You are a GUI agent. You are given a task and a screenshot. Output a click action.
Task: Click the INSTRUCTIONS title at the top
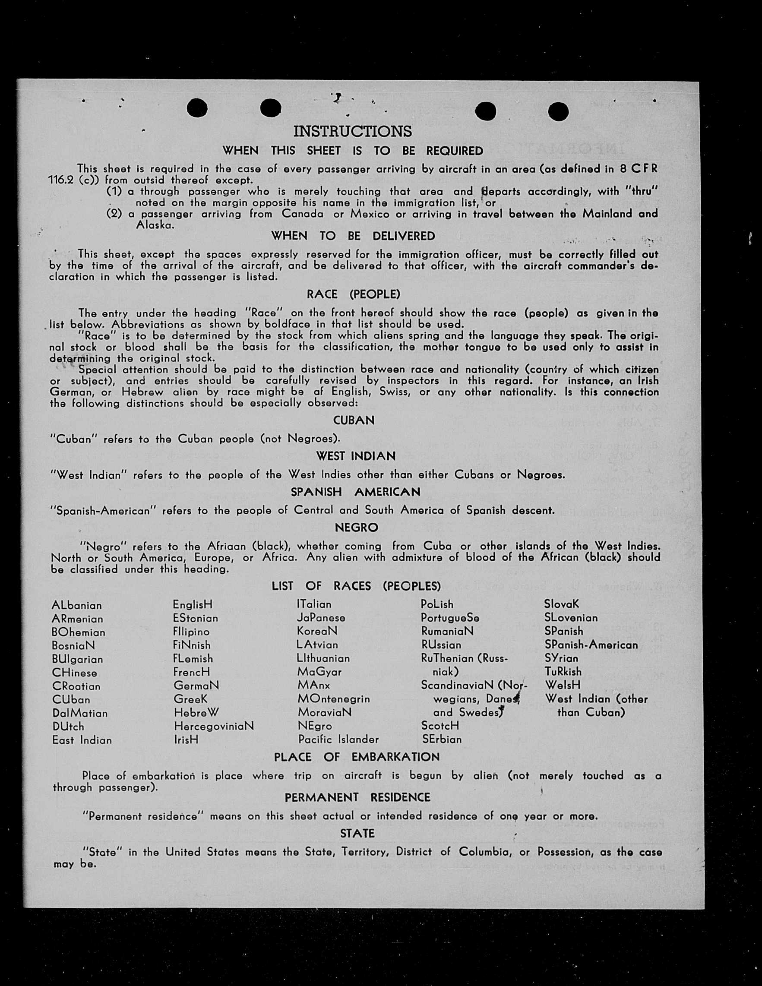coord(353,131)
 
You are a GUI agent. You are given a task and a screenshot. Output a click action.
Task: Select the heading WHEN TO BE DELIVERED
coord(353,236)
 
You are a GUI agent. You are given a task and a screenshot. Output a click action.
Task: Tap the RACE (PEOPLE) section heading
coord(353,294)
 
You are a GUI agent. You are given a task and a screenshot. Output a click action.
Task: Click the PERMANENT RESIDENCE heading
coord(357,798)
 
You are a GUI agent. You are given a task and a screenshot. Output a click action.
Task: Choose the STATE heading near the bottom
coord(357,834)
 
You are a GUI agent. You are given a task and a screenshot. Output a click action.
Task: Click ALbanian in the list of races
coord(77,605)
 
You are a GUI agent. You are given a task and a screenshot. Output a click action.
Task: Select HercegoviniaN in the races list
coord(214,726)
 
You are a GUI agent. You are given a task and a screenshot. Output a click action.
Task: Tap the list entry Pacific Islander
coord(338,739)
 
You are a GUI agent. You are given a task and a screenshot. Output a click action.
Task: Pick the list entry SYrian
coord(561,658)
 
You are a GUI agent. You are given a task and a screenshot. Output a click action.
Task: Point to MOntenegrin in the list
coord(334,699)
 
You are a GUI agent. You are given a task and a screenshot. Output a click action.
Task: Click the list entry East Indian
coord(82,740)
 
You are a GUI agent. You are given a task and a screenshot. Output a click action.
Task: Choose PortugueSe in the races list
coord(449,618)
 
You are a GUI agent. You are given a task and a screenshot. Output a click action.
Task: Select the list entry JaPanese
coord(321,618)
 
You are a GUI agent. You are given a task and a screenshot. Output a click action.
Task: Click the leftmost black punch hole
coord(197,108)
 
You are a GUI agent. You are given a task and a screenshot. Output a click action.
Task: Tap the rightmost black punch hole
coord(558,111)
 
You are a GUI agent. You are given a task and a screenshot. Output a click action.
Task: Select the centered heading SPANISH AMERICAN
coord(355,492)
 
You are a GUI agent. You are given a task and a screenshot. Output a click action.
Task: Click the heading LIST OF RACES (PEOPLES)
coord(356,586)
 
